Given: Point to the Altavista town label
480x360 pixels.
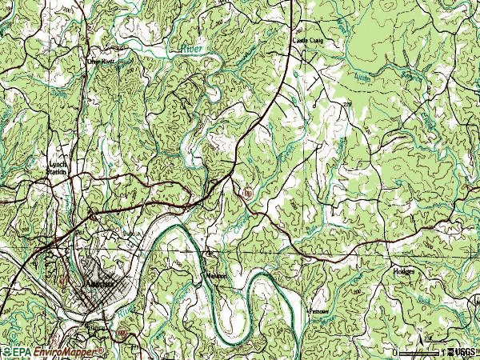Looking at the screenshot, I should (x=98, y=284).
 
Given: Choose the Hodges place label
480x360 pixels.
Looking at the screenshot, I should (x=404, y=271).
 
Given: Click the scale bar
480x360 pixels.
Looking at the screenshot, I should (x=418, y=352).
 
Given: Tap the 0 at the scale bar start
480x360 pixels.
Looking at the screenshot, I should (x=394, y=352).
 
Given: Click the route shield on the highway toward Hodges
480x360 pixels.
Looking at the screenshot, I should (x=249, y=193).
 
